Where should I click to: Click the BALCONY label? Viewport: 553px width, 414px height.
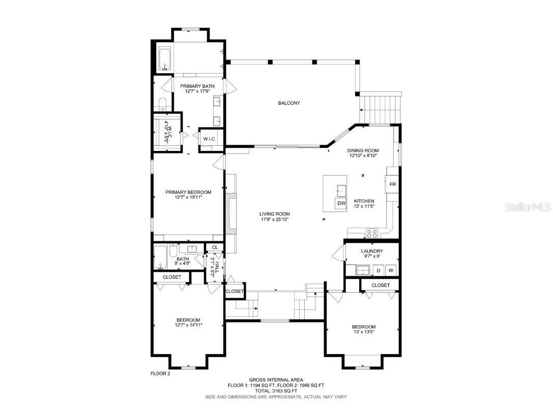pos(289,103)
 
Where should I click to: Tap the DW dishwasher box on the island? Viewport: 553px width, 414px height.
pos(341,204)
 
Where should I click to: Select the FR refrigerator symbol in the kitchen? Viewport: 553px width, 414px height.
pos(392,184)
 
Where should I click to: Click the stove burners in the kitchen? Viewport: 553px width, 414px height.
pos(371,234)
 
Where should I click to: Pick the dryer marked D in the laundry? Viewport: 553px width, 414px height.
pos(378,271)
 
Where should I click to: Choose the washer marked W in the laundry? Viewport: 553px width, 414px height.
pos(391,271)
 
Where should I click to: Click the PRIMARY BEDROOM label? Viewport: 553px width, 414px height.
pos(188,192)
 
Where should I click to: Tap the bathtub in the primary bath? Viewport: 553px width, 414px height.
pos(164,59)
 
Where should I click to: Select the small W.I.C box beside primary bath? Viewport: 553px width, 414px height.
pos(209,139)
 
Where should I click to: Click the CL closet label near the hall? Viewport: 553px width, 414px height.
pos(215,247)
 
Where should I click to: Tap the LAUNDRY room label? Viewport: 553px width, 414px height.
pos(372,251)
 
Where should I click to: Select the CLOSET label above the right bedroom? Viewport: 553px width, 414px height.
pos(380,285)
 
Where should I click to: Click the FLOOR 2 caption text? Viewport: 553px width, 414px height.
pos(160,373)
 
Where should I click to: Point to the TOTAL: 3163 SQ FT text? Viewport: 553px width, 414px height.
pos(276,391)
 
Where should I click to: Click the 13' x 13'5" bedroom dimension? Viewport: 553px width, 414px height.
pos(363,332)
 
